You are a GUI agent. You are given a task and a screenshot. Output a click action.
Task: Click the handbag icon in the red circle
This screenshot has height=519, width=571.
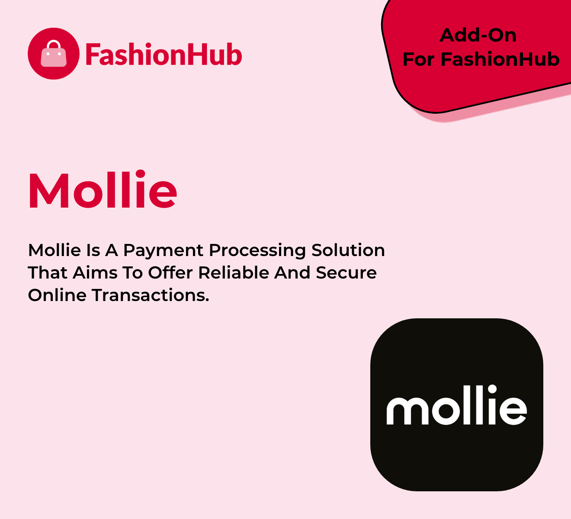(x=54, y=54)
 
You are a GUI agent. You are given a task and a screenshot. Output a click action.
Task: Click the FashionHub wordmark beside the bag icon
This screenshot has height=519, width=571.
(x=164, y=54)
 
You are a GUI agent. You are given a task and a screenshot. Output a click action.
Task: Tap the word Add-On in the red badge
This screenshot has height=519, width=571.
(x=478, y=35)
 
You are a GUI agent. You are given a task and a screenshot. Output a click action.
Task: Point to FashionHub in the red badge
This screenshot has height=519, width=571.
(x=500, y=59)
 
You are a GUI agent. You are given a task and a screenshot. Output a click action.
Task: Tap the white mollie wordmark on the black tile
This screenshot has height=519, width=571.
(x=456, y=404)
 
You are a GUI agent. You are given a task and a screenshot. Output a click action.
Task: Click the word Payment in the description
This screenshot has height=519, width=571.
(x=163, y=251)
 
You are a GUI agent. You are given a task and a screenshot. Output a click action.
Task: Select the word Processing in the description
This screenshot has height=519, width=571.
(x=257, y=251)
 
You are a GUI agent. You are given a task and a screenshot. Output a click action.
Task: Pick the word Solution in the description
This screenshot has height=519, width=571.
(x=348, y=250)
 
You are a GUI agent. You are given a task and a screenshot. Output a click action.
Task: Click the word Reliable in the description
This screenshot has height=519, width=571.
(x=234, y=273)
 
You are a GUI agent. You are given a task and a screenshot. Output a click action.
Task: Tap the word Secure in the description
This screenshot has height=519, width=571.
(x=346, y=273)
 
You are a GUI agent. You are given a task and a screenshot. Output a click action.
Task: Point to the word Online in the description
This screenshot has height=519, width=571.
(x=57, y=295)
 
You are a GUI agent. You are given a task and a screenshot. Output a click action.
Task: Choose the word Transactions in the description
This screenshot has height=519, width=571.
(x=150, y=295)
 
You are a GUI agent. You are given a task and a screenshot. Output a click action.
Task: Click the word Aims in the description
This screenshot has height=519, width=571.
(x=95, y=273)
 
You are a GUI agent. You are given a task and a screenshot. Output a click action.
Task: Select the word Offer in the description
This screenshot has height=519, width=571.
(x=170, y=273)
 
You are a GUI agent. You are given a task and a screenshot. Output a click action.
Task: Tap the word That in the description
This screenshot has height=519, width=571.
(x=48, y=273)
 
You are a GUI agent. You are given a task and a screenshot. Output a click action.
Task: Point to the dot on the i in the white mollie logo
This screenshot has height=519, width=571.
(x=492, y=389)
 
